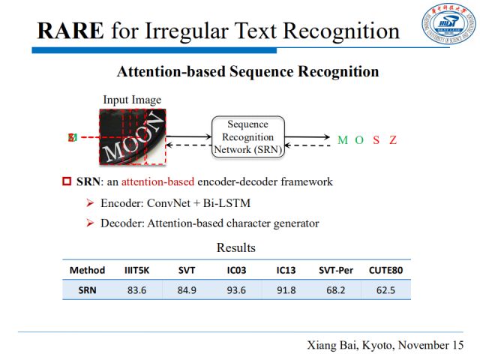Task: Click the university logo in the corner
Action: click(448, 26)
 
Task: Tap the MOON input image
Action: click(132, 137)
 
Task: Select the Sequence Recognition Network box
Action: click(247, 136)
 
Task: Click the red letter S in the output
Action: click(376, 140)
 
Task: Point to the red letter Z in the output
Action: click(393, 140)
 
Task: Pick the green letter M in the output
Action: click(343, 140)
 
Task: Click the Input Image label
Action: click(132, 100)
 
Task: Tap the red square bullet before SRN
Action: click(66, 181)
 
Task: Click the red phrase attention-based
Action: click(157, 181)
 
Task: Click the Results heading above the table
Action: click(235, 247)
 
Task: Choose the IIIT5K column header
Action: click(136, 270)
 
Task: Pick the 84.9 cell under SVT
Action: click(187, 289)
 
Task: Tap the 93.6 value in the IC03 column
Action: click(236, 289)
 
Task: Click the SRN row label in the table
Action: click(87, 289)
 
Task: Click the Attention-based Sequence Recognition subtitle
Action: click(247, 72)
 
